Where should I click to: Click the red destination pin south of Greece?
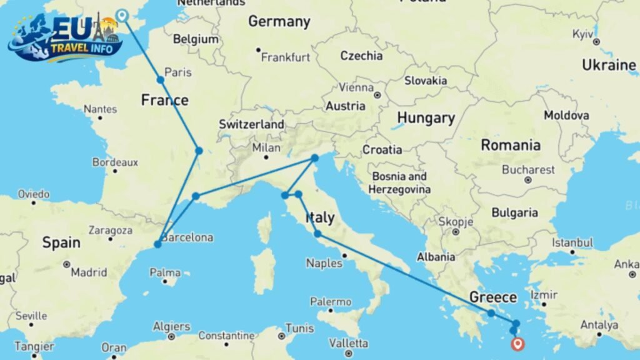tap(517, 342)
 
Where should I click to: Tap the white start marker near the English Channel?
tap(122, 15)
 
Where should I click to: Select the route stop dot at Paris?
tap(161, 80)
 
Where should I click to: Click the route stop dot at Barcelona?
tap(157, 244)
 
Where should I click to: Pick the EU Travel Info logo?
tap(65, 39)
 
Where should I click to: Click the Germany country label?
tap(279, 22)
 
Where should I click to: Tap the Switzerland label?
tap(251, 124)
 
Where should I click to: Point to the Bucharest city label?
tap(528, 169)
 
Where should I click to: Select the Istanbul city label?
tap(571, 242)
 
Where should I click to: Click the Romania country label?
tap(511, 146)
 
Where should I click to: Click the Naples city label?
tap(324, 263)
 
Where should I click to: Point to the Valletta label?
tap(348, 343)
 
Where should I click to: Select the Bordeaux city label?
tap(115, 162)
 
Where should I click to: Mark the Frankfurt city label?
tap(286, 57)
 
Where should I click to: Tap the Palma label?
tap(165, 272)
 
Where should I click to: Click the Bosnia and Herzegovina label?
tap(399, 182)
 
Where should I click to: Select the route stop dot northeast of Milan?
tap(315, 158)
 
